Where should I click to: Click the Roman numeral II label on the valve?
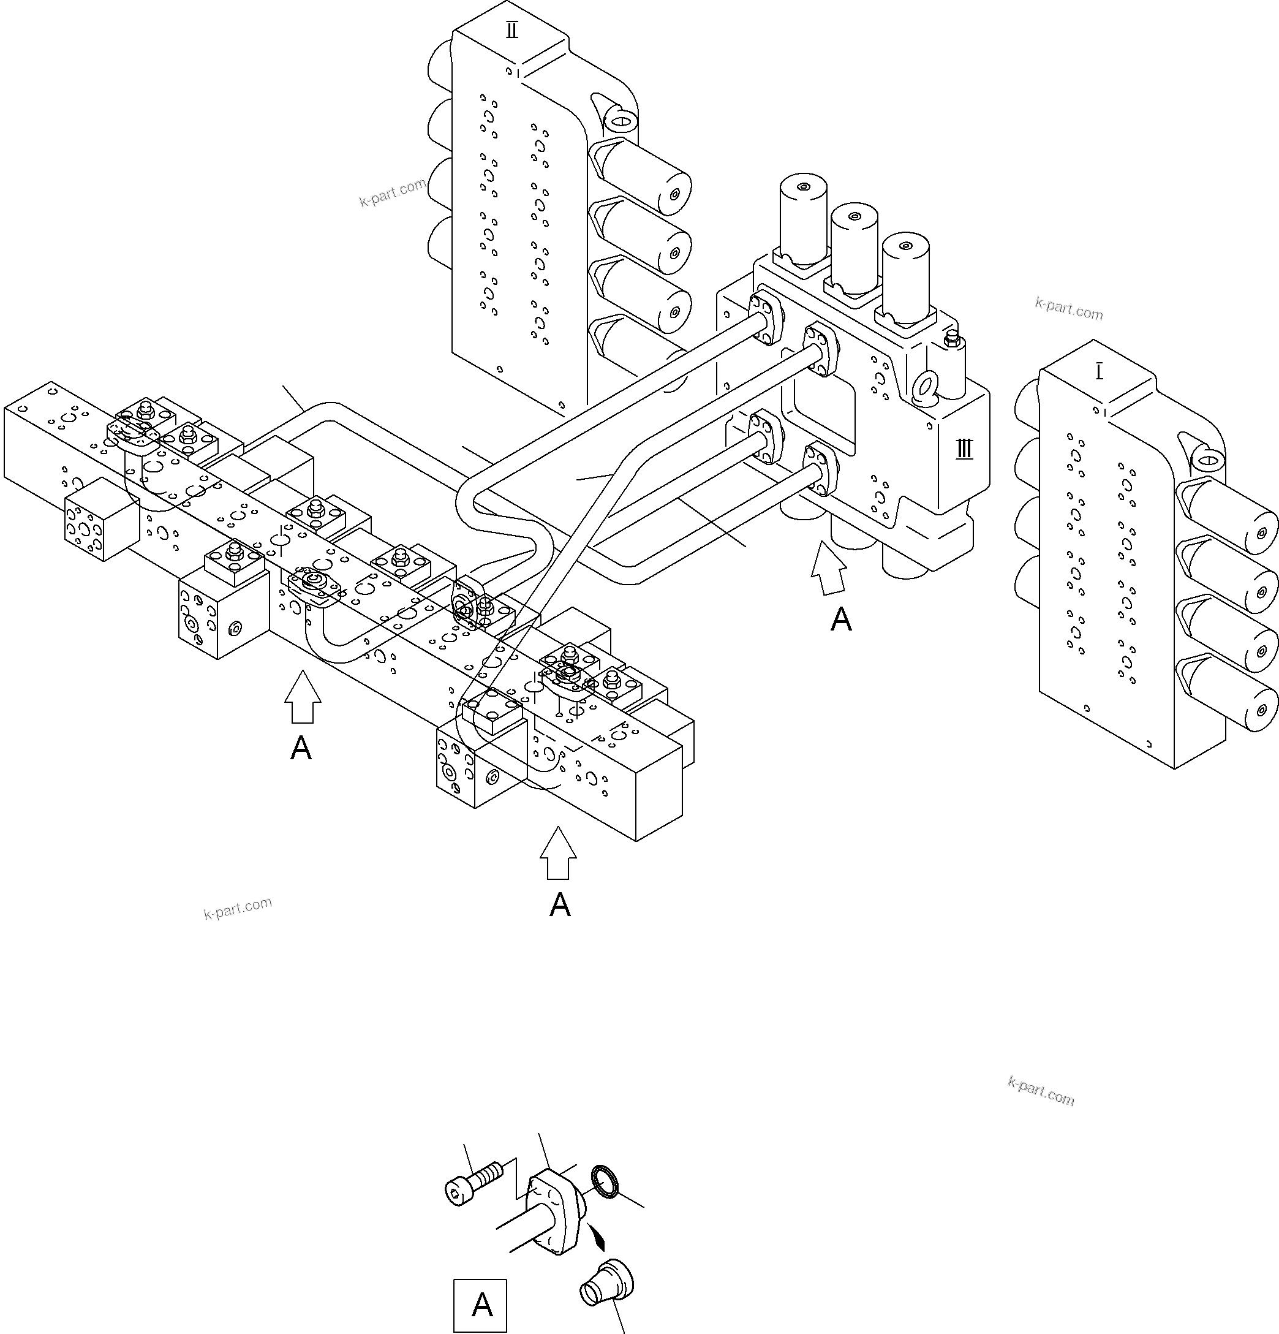click(x=511, y=31)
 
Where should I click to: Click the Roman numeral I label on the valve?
click(x=1100, y=373)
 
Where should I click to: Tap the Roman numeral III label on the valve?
click(x=964, y=449)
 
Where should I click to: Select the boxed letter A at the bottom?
click(x=480, y=1305)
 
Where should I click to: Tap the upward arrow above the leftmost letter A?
click(x=302, y=696)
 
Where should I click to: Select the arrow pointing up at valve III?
click(x=829, y=568)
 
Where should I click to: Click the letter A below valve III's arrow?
click(x=841, y=620)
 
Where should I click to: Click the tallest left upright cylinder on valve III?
click(x=803, y=218)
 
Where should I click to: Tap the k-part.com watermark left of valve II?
click(x=393, y=192)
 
